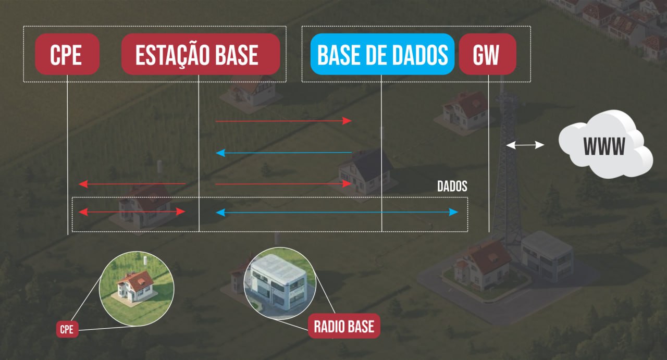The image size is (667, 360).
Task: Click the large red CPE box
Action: pos(67,54)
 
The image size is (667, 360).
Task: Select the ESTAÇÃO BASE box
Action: pos(201,54)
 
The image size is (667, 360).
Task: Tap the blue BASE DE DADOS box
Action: pos(382,54)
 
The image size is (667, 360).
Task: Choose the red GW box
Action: pos(487,54)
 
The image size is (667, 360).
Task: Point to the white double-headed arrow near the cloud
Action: pos(525,145)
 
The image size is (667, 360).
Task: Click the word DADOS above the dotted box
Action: pos(452,187)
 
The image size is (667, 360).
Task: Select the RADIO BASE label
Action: pos(344,327)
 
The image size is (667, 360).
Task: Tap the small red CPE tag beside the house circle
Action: pos(67,329)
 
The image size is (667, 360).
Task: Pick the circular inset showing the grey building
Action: pos(280,283)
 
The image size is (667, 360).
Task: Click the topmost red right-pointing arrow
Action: pos(283,121)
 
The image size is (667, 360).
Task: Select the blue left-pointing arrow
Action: pos(283,153)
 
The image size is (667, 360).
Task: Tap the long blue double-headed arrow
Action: pos(337,212)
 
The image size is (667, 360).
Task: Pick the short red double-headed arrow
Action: pos(131,212)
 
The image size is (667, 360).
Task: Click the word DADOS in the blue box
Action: pos(421,55)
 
